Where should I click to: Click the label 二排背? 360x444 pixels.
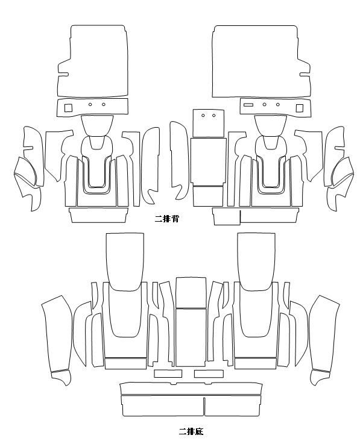(x=166, y=219)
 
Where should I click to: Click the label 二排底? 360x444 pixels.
(x=191, y=431)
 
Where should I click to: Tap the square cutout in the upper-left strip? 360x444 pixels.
(x=68, y=108)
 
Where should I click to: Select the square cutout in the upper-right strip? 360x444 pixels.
(x=300, y=108)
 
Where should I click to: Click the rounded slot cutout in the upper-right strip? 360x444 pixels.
(x=248, y=105)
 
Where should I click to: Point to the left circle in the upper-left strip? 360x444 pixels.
(x=90, y=104)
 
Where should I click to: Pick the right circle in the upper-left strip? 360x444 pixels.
(x=104, y=104)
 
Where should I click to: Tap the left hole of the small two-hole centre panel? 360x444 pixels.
(x=203, y=116)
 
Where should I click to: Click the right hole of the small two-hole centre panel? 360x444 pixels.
(x=213, y=116)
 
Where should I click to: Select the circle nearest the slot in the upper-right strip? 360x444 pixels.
(x=264, y=105)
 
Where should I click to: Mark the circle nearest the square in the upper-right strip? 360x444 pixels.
(x=278, y=105)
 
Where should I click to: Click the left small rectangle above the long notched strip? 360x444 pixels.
(x=168, y=374)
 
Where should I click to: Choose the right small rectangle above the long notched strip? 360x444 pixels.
(x=209, y=374)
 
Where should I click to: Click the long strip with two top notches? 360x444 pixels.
(x=191, y=389)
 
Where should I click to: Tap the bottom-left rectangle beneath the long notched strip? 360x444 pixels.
(x=162, y=406)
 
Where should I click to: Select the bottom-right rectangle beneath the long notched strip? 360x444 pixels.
(x=232, y=406)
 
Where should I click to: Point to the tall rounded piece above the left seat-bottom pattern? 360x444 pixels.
(x=125, y=262)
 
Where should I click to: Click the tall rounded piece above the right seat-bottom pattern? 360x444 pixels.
(x=256, y=262)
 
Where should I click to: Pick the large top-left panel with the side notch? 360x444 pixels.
(x=93, y=61)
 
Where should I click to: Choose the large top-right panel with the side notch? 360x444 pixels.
(x=261, y=61)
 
